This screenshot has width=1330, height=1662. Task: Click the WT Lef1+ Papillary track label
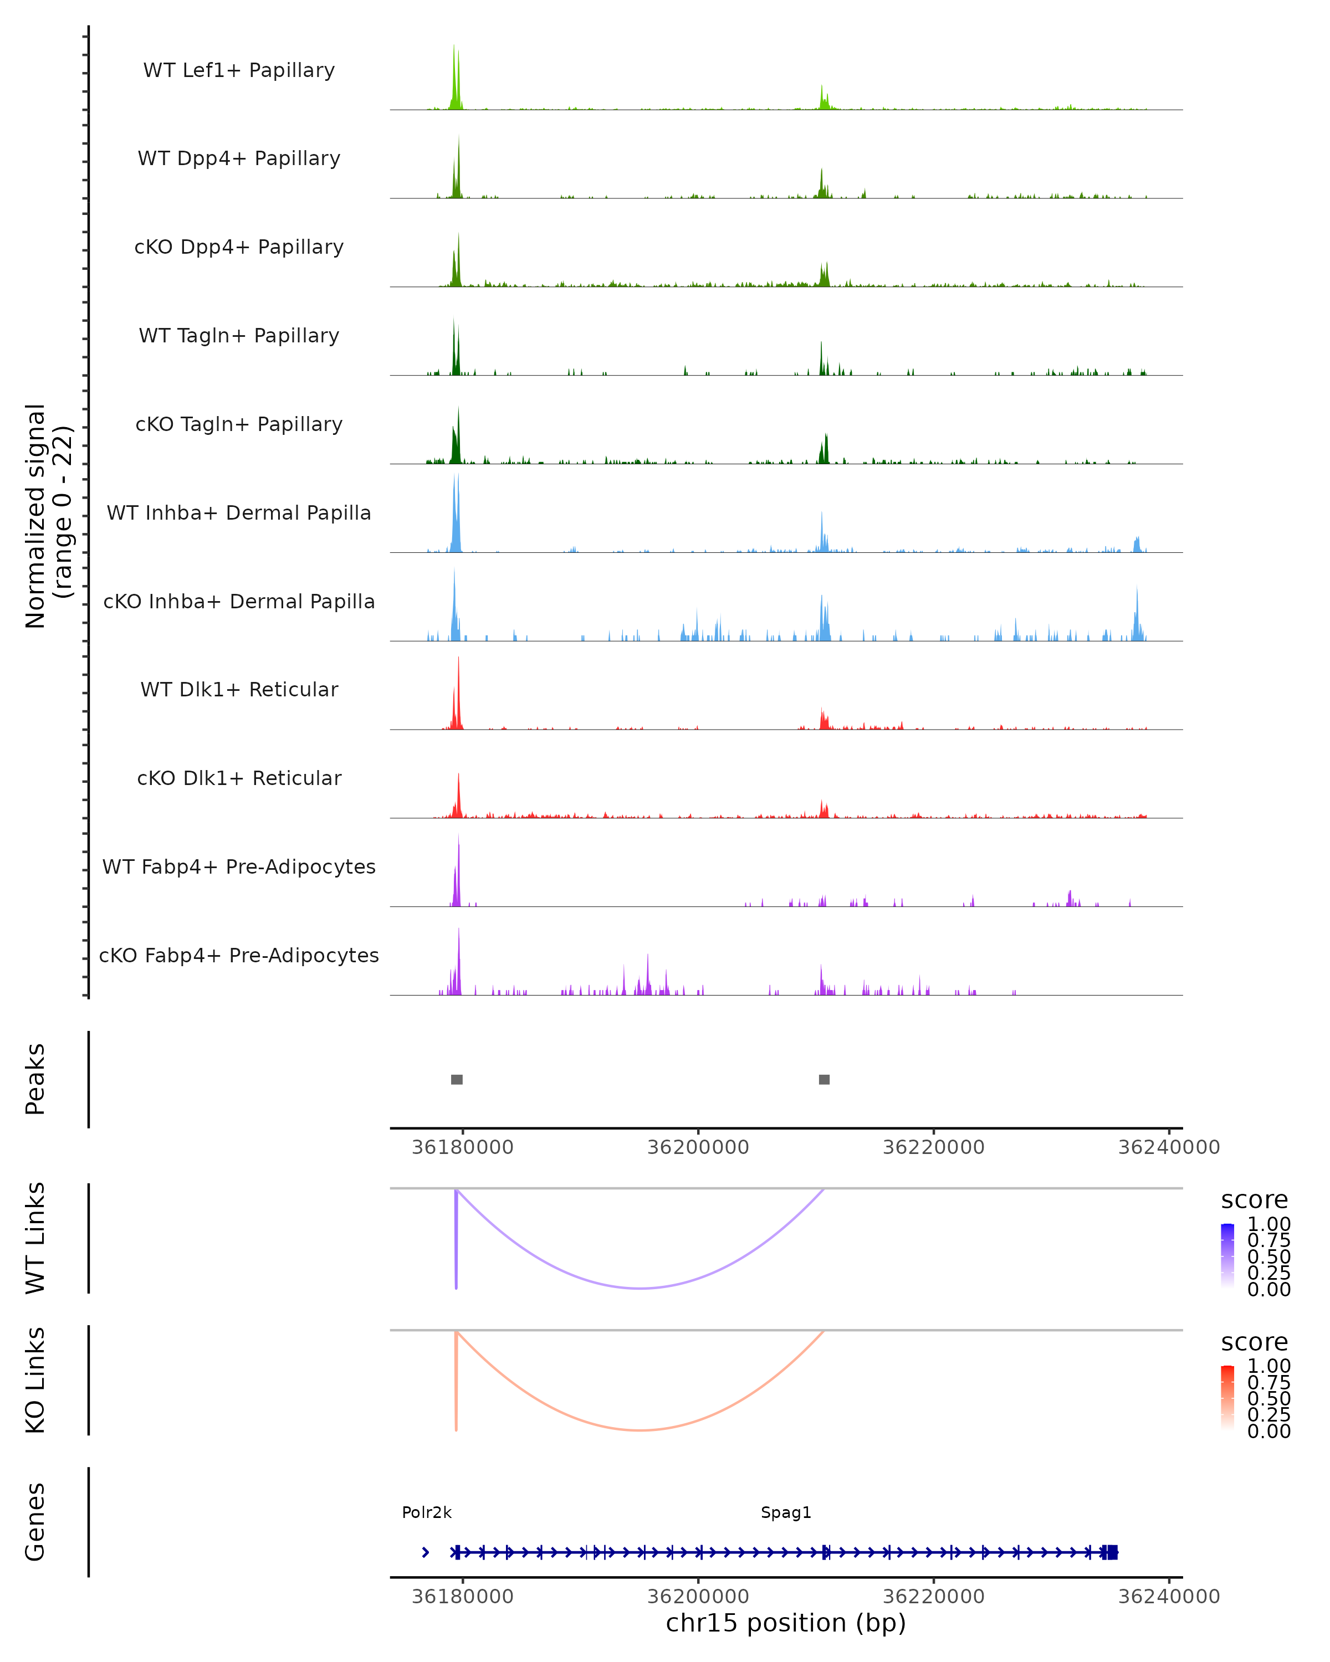[239, 70]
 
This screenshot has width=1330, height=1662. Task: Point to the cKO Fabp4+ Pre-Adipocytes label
[239, 955]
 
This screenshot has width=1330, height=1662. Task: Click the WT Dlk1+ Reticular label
[239, 689]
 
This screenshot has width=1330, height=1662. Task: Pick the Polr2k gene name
[426, 1512]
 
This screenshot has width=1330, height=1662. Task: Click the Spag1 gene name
[786, 1512]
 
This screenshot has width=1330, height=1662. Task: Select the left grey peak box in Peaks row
[457, 1079]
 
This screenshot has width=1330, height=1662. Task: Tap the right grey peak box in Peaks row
[824, 1079]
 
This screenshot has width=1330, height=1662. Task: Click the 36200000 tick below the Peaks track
[698, 1147]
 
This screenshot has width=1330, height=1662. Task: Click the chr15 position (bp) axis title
[786, 1623]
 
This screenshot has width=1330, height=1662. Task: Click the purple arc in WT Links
[640, 1288]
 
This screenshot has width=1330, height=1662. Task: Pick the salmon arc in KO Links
[640, 1430]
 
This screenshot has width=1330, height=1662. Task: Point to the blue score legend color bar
[1227, 1255]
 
